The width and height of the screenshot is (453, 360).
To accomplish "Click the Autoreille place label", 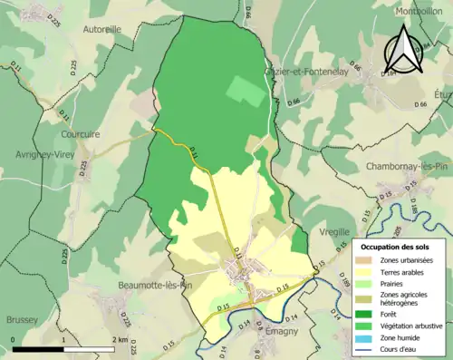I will pos(101,29).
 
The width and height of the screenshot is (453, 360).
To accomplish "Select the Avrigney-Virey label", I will pos(43,154).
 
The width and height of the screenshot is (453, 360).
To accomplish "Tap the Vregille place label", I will pos(334,233).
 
